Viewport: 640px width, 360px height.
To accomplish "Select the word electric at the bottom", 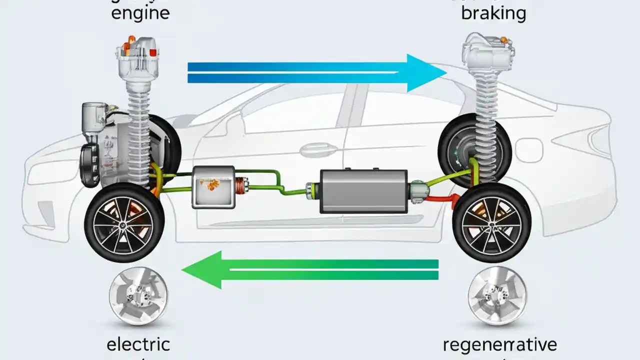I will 138,344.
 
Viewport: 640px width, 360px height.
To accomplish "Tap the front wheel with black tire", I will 124,222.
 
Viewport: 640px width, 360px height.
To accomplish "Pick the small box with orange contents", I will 212,187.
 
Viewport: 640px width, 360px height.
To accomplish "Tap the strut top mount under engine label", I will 137,55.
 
